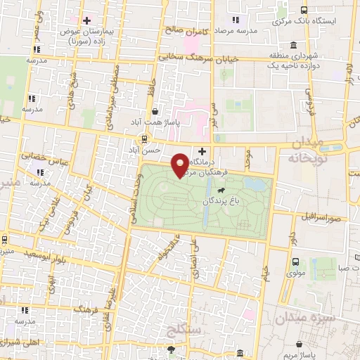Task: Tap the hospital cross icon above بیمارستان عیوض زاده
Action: pyautogui.click(x=86, y=20)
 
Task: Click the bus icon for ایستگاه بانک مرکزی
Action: pyautogui.click(x=304, y=10)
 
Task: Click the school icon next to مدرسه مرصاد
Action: pyautogui.click(x=235, y=21)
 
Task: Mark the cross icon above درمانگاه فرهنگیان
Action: pyautogui.click(x=202, y=151)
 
